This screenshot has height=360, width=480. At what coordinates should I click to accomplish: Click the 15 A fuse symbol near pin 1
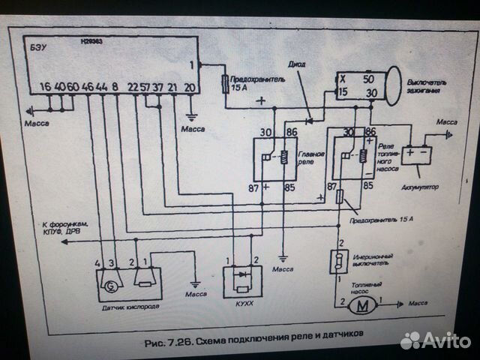pos(224,82)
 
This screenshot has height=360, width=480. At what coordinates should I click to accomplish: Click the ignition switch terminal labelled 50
pos(368,78)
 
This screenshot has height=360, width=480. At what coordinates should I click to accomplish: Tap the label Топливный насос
pos(361,286)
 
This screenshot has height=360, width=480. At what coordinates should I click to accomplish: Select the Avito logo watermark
pos(434,340)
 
